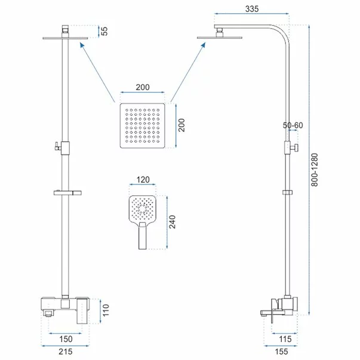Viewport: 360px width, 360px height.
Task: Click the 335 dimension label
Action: (252, 9)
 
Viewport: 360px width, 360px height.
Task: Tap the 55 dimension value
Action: (104, 31)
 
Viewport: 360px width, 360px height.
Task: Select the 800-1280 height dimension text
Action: (315, 170)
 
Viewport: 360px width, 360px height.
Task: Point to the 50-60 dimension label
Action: (293, 125)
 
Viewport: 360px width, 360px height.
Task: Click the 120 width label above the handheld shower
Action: (143, 180)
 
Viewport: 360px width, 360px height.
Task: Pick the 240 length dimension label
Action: (172, 221)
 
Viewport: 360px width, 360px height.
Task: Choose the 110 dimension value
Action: (106, 310)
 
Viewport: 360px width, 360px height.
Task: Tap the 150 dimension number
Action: (66, 339)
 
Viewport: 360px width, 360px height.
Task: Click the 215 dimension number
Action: (66, 352)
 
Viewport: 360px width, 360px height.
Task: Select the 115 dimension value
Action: (285, 339)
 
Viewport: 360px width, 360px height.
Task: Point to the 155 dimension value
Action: (281, 352)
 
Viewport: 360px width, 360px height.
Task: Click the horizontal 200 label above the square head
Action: (143, 87)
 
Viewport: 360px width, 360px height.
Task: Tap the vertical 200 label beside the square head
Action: (181, 125)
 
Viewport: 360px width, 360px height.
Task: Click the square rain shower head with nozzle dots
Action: (142, 125)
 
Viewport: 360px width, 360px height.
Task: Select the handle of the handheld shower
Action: (143, 236)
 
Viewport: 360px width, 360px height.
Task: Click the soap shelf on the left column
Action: (68, 193)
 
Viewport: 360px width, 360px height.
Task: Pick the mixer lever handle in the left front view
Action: (82, 310)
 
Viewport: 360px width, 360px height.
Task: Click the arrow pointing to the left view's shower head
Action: (97, 72)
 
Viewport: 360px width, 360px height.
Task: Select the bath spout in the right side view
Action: (273, 312)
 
